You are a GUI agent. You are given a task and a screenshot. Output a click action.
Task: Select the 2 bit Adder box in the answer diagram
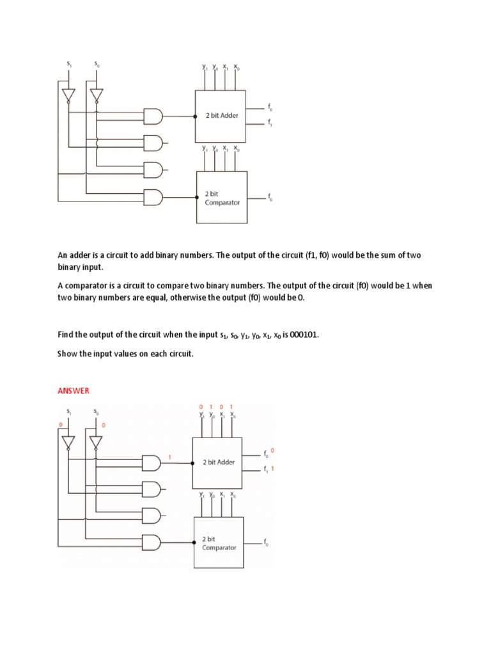217,461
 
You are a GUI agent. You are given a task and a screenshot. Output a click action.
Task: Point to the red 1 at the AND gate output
169,457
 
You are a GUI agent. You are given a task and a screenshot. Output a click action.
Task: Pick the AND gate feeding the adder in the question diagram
153,116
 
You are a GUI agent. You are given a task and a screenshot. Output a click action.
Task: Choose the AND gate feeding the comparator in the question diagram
153,197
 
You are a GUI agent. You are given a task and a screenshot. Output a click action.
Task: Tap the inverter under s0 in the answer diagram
95,443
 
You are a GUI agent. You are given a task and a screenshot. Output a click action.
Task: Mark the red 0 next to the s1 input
60,425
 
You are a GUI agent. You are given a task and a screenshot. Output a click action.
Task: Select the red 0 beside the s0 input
104,425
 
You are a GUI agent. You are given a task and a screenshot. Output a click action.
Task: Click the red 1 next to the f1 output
274,469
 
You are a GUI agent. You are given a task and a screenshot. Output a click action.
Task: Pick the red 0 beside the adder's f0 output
273,451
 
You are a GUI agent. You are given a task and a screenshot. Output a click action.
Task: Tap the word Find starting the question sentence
66,335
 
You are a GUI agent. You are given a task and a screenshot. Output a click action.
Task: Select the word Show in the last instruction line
67,352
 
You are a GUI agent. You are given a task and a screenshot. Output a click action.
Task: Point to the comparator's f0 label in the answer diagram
267,543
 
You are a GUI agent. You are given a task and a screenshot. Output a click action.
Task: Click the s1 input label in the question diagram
69,64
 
